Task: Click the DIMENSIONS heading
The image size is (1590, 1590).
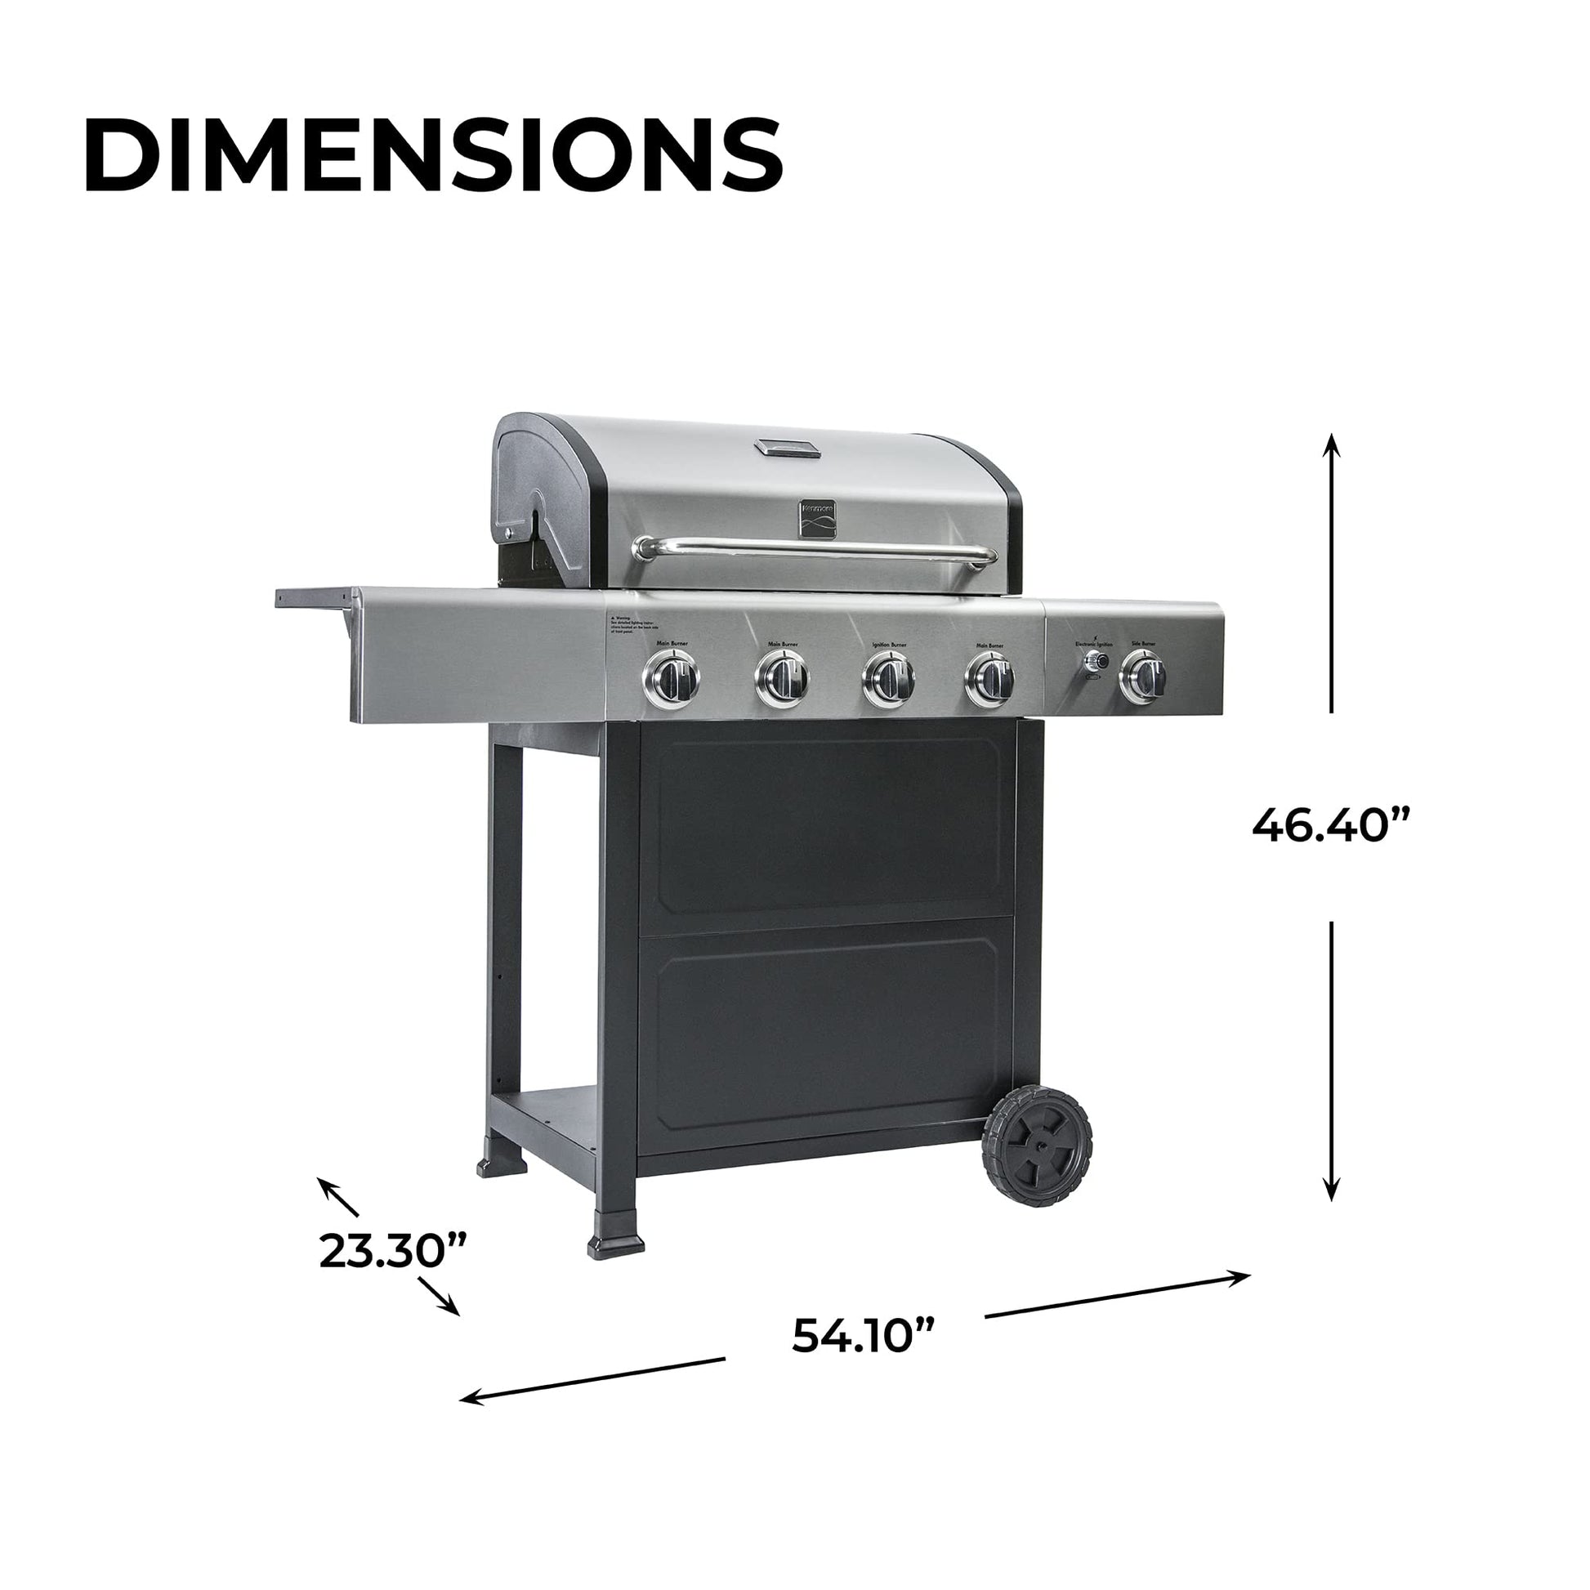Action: click(433, 155)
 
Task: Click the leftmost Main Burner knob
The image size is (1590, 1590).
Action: click(671, 679)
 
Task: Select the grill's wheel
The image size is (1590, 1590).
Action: click(1038, 1146)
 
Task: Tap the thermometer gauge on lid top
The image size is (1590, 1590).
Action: click(788, 447)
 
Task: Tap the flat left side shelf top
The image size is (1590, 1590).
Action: click(317, 594)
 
